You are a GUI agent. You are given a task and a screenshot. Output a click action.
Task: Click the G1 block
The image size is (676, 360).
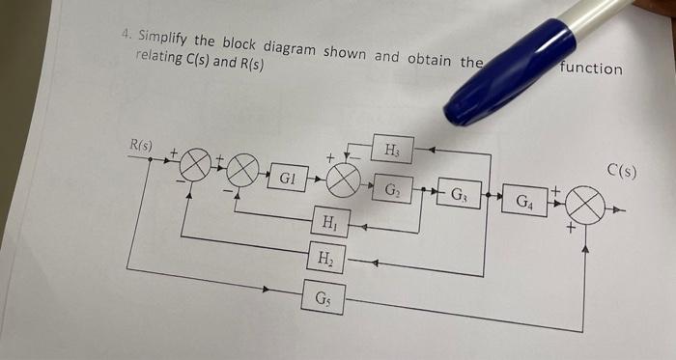point(288,179)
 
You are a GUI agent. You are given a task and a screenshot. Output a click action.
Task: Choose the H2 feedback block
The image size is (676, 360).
point(325,258)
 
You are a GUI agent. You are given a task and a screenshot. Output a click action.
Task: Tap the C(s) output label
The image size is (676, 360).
point(623,173)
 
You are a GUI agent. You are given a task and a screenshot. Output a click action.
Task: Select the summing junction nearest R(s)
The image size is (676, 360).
point(193,164)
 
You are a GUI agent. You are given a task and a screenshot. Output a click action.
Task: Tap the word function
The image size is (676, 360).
point(591,69)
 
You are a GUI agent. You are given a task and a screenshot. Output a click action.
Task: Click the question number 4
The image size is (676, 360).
point(127,33)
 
